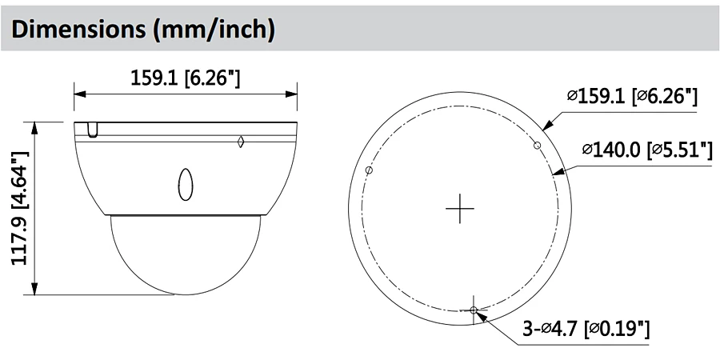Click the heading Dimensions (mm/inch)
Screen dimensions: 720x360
[x=143, y=29]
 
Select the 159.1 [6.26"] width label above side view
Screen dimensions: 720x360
[x=186, y=78]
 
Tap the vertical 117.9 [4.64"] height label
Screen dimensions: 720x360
[x=20, y=208]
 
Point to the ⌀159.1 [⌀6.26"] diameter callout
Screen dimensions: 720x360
[x=632, y=97]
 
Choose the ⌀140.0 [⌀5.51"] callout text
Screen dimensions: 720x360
[x=647, y=150]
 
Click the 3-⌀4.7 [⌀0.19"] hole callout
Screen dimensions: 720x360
[x=586, y=328]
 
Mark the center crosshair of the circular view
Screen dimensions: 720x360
[x=460, y=209]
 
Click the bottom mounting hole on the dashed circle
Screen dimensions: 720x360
[x=474, y=310]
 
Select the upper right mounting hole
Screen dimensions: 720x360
[x=537, y=146]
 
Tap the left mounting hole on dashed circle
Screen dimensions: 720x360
[x=369, y=170]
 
